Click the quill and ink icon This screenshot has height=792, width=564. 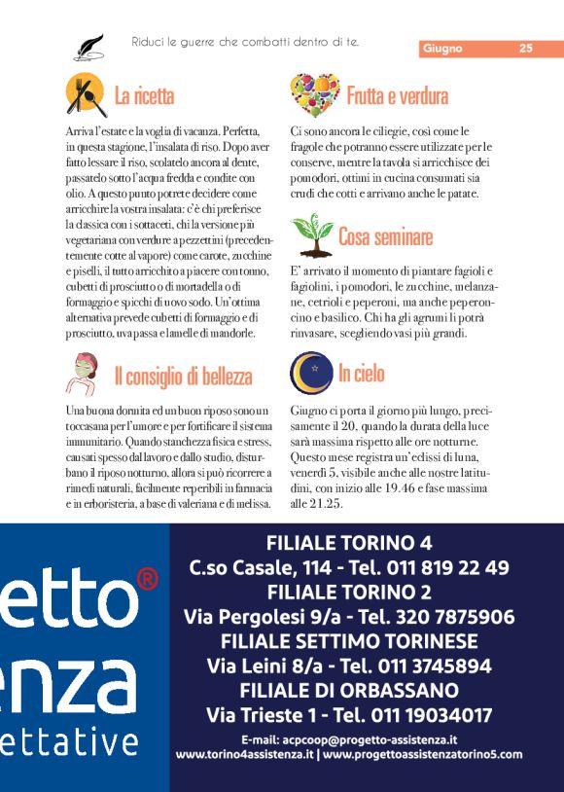(88, 46)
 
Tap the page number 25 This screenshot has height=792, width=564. (525, 49)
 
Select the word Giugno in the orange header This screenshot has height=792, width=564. (442, 49)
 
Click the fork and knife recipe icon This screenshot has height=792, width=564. (87, 94)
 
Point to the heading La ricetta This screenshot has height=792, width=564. (144, 96)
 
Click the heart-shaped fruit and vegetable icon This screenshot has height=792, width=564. (314, 94)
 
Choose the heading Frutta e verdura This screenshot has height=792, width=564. (397, 96)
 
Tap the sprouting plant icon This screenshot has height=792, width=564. (311, 234)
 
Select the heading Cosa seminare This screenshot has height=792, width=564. (385, 236)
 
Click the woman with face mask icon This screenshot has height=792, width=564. (86, 373)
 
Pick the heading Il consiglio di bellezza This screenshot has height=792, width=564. (183, 377)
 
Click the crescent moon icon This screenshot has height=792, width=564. (311, 373)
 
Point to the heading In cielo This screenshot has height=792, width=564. (361, 374)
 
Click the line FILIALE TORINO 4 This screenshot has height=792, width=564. (349, 543)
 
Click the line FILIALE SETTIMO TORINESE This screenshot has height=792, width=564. (349, 641)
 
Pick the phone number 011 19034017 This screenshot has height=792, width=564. (428, 716)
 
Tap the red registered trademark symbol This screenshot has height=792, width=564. (147, 580)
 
